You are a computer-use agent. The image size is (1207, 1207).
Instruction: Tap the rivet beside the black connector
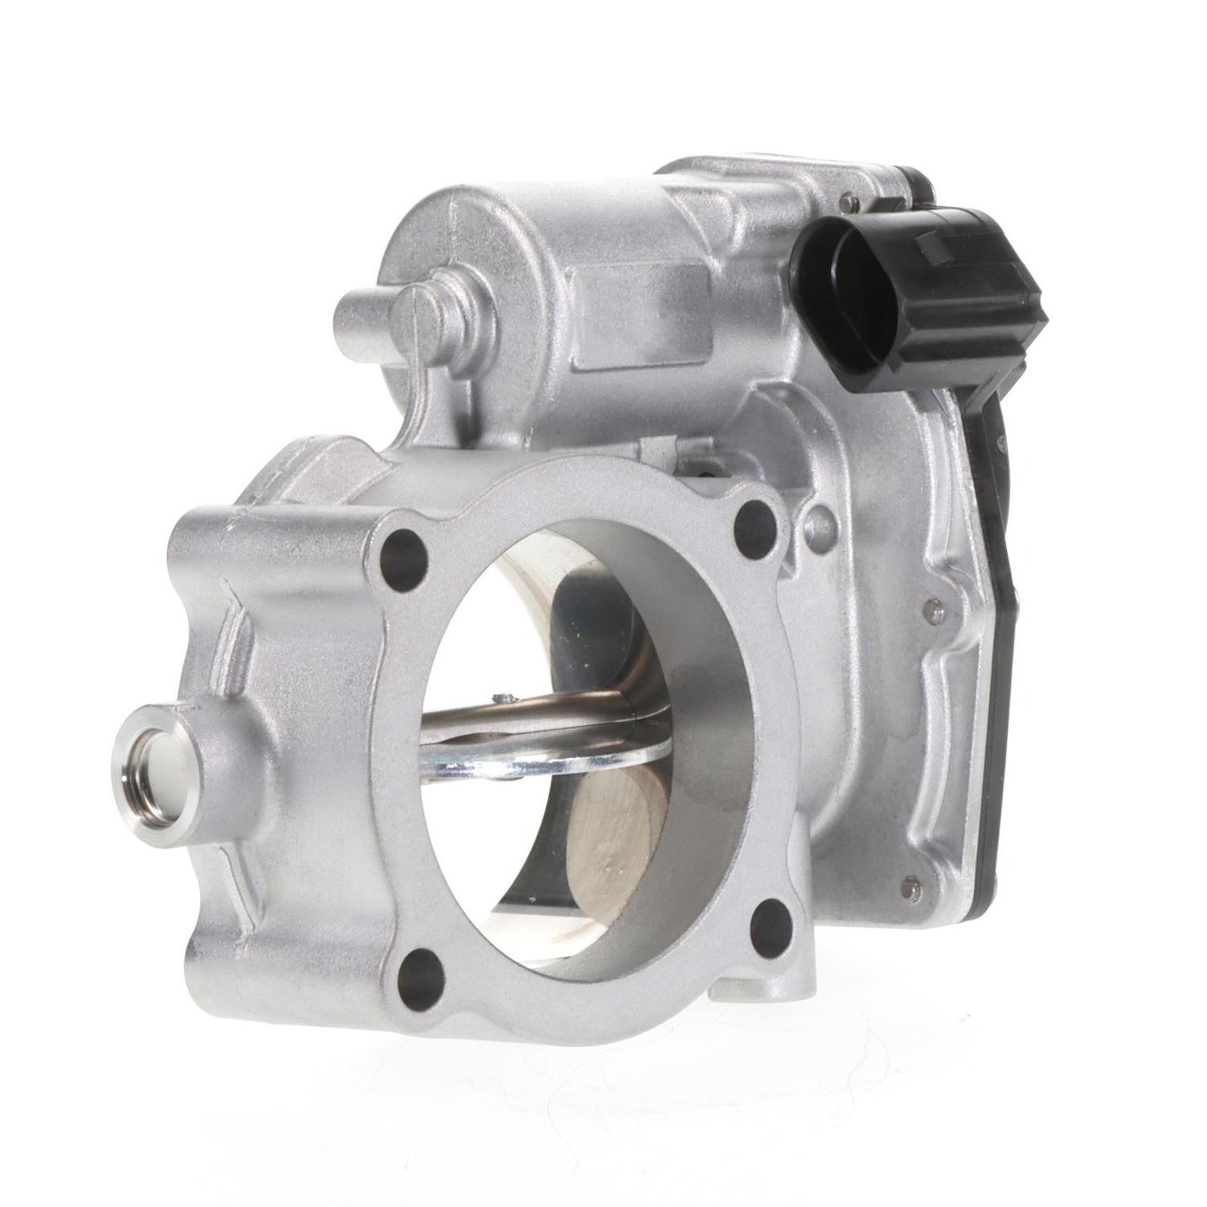coord(850,201)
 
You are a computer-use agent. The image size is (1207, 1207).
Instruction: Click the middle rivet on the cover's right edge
coord(935,610)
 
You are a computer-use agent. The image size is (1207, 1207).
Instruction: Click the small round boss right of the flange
coord(820,521)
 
